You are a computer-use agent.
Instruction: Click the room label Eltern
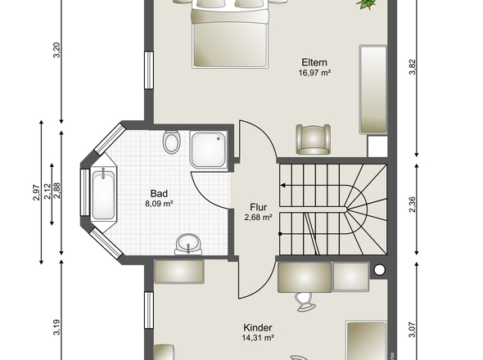[314, 62]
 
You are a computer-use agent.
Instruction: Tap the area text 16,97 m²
[314, 73]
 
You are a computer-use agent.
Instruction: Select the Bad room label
[159, 193]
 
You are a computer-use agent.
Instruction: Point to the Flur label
[258, 207]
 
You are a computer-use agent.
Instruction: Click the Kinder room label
[258, 327]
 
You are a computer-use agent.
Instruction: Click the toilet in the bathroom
[171, 142]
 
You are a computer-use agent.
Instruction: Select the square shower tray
[209, 150]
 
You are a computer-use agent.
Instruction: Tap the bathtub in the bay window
[103, 196]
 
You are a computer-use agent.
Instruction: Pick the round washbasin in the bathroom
[188, 244]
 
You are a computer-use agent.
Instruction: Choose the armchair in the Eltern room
[313, 139]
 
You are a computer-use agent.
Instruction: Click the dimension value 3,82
[413, 66]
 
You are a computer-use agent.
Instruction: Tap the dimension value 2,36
[412, 205]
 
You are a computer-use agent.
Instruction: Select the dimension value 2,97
[36, 192]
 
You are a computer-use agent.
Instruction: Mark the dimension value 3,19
[56, 327]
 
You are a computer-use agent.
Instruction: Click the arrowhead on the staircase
[282, 186]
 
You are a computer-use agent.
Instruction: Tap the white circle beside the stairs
[380, 270]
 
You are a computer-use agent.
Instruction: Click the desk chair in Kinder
[305, 302]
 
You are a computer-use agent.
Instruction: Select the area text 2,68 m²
[258, 218]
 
